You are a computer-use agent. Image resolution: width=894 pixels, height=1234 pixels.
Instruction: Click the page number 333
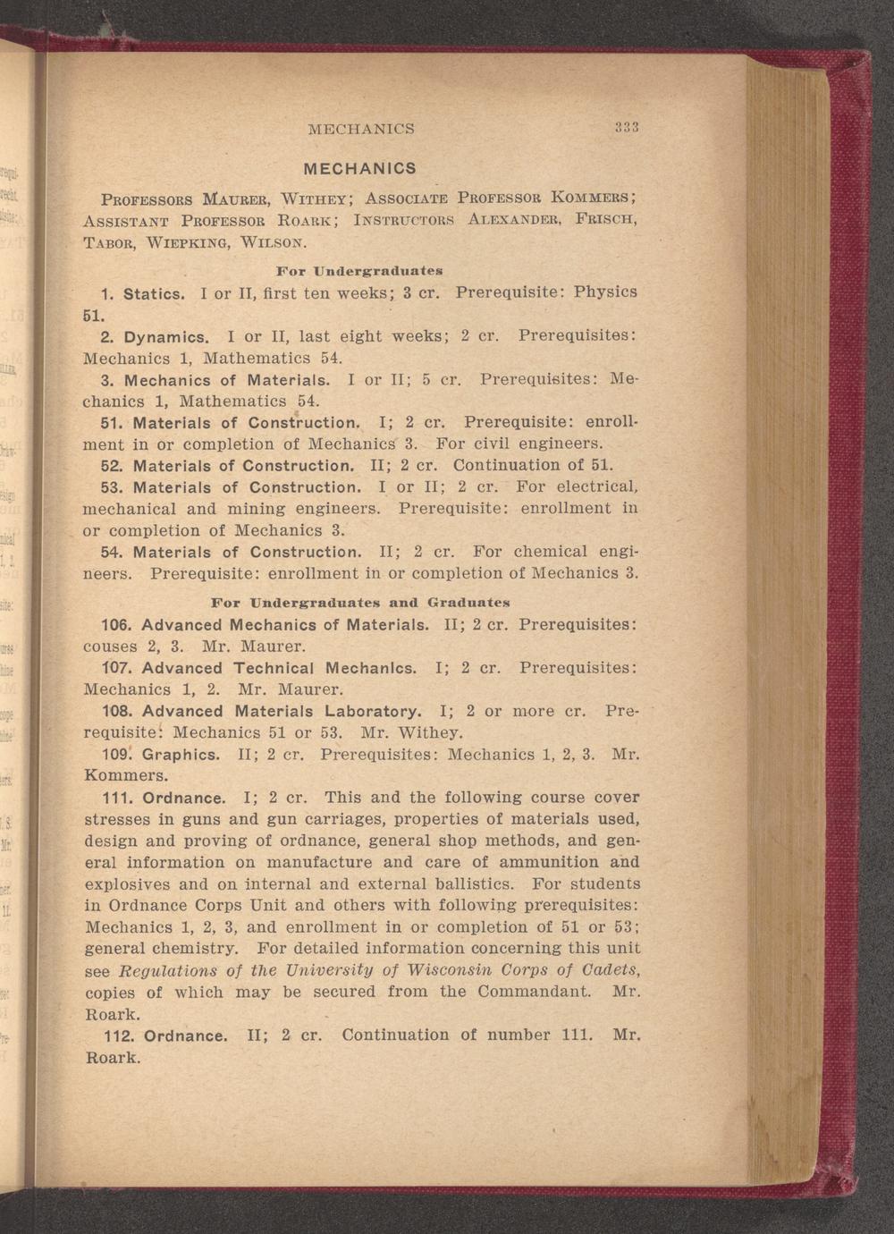coord(625,127)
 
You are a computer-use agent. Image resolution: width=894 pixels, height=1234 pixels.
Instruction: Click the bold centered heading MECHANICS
coord(360,168)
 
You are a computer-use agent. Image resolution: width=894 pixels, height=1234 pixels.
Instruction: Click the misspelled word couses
coord(110,646)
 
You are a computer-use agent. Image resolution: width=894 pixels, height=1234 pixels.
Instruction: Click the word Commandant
coord(534,992)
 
